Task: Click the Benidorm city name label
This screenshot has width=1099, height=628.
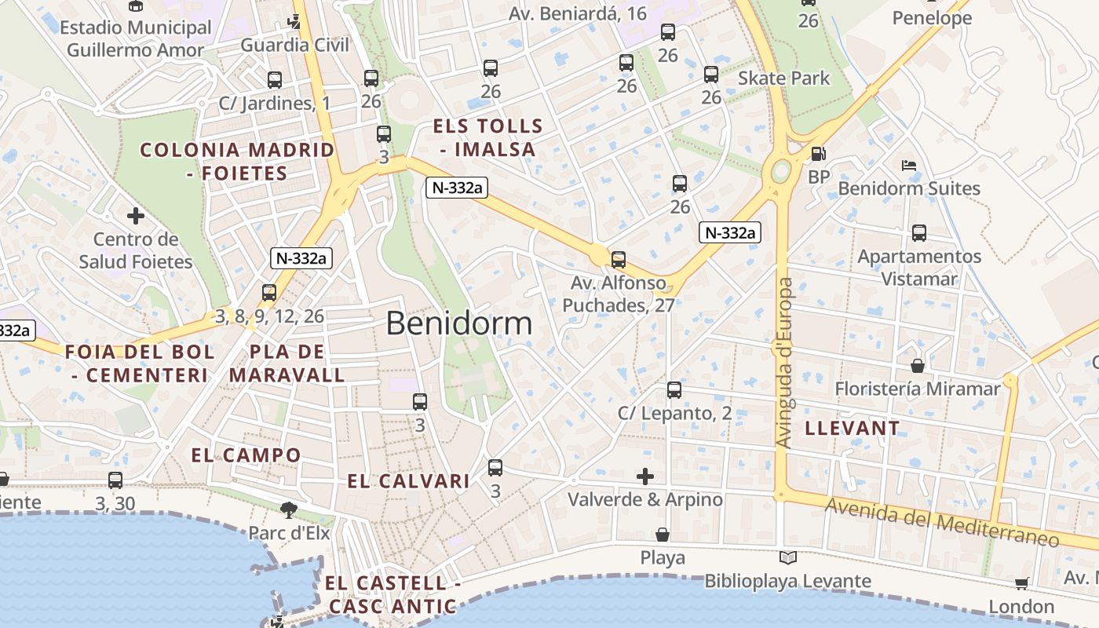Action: click(459, 323)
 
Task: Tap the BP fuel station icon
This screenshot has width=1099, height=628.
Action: click(818, 155)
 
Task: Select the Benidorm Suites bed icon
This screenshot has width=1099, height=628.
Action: click(909, 166)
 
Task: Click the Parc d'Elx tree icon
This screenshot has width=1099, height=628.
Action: click(289, 510)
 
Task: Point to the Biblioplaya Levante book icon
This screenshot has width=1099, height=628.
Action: click(787, 558)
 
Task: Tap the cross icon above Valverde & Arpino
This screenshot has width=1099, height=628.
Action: click(644, 476)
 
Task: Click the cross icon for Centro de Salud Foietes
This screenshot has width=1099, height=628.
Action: click(136, 215)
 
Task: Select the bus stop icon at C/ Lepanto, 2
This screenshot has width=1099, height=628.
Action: click(674, 390)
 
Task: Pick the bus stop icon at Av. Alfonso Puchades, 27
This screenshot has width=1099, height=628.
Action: click(619, 260)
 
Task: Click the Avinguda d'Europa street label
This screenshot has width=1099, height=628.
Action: click(784, 363)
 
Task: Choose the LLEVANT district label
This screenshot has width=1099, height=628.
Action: click(853, 429)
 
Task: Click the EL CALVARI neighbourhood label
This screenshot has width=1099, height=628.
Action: click(408, 481)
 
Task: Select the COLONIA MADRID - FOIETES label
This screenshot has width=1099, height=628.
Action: click(237, 161)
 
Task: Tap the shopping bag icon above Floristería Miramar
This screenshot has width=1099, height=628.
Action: click(917, 367)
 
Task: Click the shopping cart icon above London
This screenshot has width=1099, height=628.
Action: click(1021, 583)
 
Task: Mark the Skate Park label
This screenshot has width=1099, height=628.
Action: click(783, 78)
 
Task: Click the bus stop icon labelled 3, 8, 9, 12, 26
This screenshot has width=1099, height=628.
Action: click(269, 293)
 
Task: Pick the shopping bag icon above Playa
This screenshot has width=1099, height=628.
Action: click(663, 535)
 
